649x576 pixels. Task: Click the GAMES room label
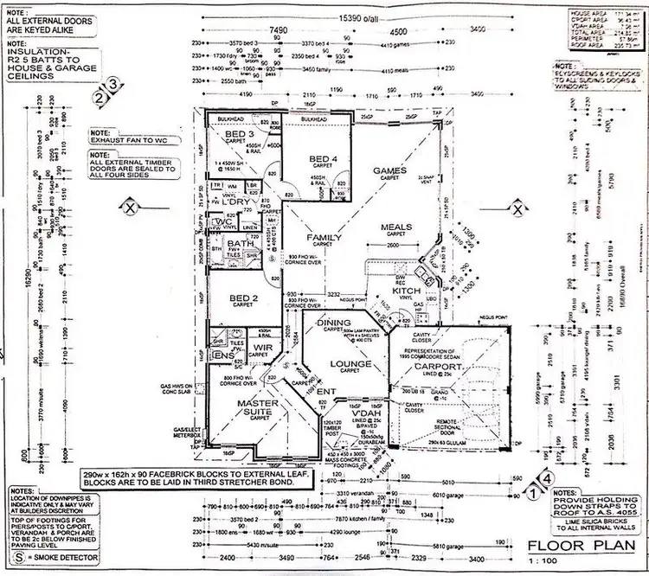point(389,171)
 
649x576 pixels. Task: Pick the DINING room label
point(334,323)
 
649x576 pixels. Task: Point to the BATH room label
point(240,245)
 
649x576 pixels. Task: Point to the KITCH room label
point(407,291)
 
